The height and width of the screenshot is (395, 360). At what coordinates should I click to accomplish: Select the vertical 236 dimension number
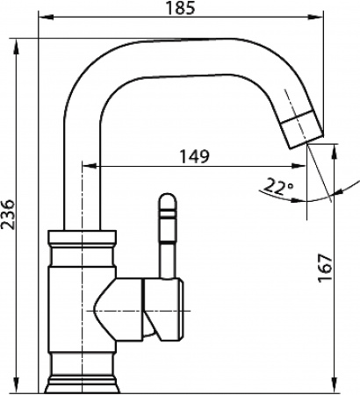click(x=9, y=213)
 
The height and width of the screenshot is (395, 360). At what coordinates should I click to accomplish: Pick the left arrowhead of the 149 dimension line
click(x=85, y=166)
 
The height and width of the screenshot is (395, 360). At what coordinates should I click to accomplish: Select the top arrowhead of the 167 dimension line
click(x=335, y=147)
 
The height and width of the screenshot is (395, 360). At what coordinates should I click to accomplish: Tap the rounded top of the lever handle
click(x=166, y=197)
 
